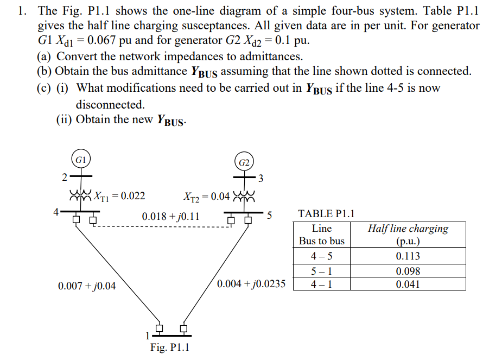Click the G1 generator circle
81,160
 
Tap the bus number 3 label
261,178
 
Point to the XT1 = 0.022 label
119,196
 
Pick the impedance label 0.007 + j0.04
87,286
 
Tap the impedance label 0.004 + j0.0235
251,283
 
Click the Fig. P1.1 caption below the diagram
170,348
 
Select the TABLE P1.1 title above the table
327,213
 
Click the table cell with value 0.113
408,256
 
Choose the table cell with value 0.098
408,271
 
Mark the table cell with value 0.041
408,284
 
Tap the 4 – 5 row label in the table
322,256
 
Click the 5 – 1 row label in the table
322,271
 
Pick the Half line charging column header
408,235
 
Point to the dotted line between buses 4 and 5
163,227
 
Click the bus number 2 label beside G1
63,177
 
